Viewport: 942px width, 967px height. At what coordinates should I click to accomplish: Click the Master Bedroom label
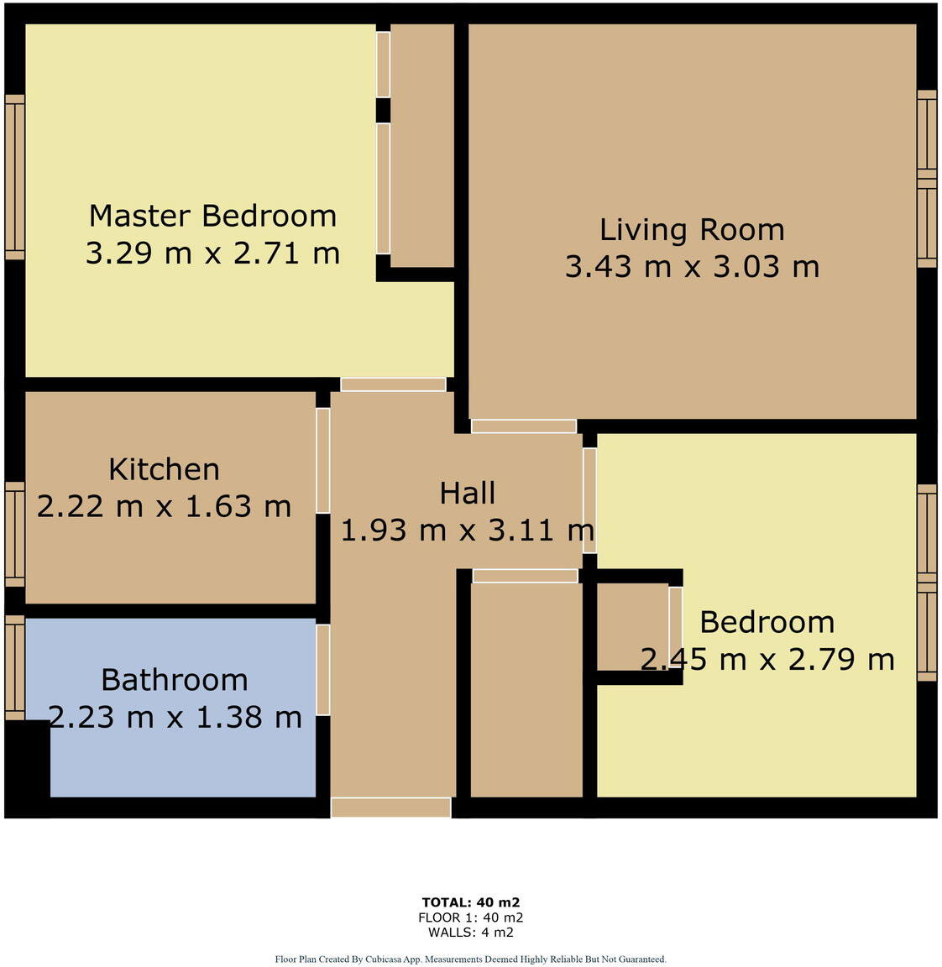point(212,216)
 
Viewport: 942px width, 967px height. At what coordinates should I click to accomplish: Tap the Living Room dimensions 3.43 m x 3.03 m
point(692,267)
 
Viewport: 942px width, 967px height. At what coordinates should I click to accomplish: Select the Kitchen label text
point(164,469)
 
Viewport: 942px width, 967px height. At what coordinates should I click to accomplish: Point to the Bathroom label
point(174,680)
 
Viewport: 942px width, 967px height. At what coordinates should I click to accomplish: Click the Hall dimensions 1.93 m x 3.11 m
point(467,531)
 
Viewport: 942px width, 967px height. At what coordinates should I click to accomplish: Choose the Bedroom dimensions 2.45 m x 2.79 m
point(767,660)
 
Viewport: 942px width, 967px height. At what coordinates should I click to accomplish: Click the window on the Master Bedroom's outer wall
point(14,176)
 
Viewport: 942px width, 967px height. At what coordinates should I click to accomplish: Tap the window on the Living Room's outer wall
point(926,179)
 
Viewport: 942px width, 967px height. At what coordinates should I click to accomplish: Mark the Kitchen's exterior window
point(14,534)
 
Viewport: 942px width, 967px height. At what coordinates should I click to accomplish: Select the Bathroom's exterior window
point(14,667)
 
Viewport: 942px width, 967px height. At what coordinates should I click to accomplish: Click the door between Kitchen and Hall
point(322,460)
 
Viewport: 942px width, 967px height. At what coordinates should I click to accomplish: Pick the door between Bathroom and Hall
point(322,670)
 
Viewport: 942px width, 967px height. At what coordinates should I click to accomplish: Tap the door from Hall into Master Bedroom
point(393,384)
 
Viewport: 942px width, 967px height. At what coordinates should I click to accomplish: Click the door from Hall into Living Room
point(523,426)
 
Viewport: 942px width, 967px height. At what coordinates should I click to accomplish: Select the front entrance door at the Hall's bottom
point(390,808)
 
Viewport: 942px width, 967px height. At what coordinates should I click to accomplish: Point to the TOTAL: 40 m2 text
point(470,903)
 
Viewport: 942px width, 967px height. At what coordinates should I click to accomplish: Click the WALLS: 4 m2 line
point(470,932)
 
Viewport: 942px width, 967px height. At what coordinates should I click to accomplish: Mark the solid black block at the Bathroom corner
point(26,768)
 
